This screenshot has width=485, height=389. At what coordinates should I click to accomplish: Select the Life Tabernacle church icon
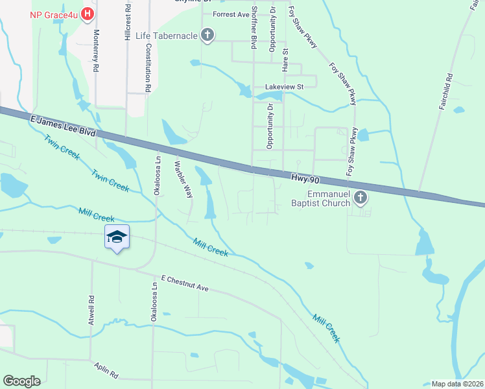pos(207,35)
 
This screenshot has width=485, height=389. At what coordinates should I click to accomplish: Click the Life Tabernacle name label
pos(167,35)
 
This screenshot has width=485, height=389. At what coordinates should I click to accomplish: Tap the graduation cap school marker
pos(117,237)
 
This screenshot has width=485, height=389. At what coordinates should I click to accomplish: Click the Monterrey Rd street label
pos(96,50)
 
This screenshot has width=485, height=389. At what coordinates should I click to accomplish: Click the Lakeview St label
pos(284,86)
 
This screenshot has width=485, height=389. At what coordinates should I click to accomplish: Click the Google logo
pos(21,381)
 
